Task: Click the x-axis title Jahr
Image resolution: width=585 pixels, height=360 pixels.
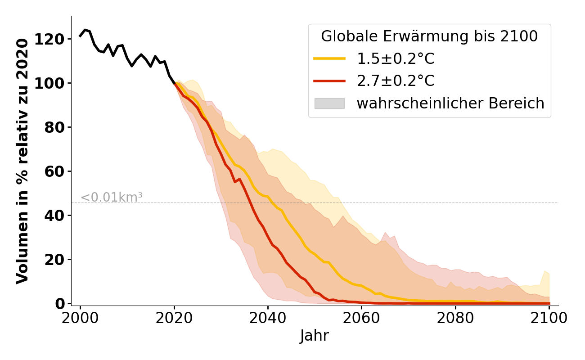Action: pos(314,336)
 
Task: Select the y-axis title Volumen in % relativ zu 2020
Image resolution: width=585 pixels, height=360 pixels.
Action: pos(23,161)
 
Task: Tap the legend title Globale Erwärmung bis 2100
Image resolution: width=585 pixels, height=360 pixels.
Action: pos(429,36)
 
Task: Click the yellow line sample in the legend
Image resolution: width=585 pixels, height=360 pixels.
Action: pos(329,59)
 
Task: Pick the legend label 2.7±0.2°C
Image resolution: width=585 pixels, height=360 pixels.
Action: pos(396,81)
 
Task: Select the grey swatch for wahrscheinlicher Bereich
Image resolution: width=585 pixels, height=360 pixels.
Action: pos(329,103)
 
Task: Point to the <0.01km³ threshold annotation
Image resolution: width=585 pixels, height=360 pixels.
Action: pos(112,198)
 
